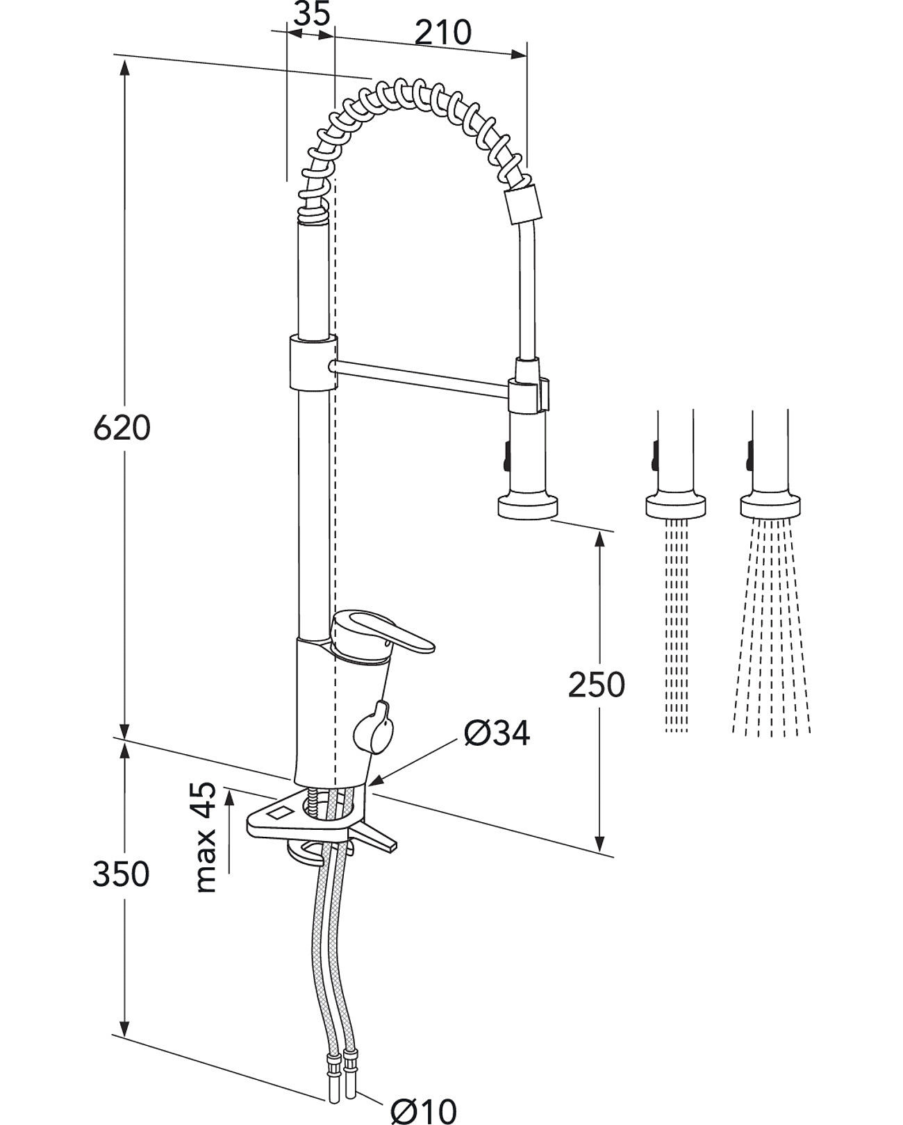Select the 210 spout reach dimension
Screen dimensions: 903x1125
click(x=443, y=33)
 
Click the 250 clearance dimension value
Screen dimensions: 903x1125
click(x=597, y=684)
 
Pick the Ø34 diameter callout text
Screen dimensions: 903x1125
click(x=497, y=733)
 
